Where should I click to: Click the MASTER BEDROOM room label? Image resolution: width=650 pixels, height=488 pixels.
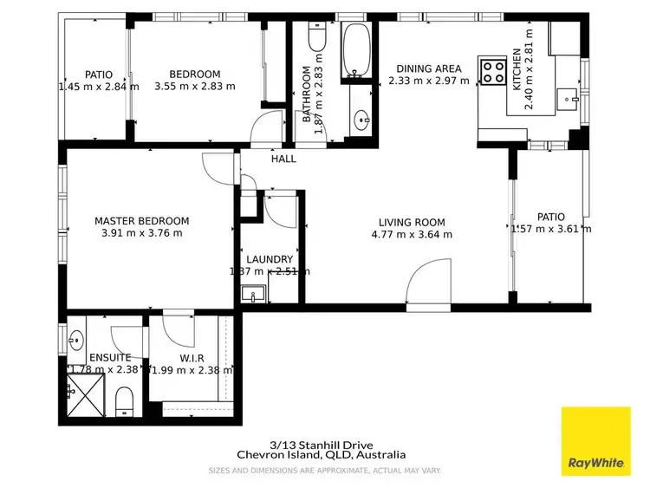pos(141,221)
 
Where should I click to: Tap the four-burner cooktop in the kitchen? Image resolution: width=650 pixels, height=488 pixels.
pos(494,72)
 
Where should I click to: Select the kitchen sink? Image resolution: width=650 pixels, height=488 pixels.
pos(571,100)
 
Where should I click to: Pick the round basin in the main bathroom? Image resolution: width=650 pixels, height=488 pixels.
pos(361,119)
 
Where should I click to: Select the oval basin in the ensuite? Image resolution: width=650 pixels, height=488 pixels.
pos(76,339)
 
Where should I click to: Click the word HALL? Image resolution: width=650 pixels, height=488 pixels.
pos(283,159)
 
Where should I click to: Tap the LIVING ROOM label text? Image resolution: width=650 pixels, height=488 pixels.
pos(411,221)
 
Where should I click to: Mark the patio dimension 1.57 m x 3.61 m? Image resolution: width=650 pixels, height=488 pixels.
pos(551,229)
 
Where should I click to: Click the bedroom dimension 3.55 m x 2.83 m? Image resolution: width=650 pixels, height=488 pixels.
pos(194,87)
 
